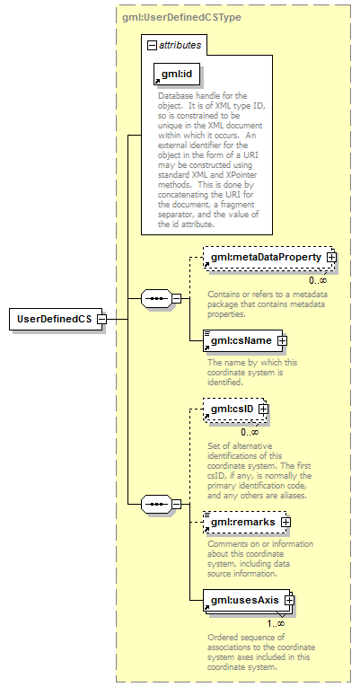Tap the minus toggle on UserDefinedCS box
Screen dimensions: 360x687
(x=101, y=319)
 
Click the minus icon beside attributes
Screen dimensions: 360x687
(x=152, y=45)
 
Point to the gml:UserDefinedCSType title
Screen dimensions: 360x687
(x=181, y=18)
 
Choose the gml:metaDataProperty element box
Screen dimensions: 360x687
(x=268, y=257)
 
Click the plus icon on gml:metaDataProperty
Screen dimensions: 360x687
(x=331, y=258)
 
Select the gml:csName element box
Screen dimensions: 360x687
(x=243, y=340)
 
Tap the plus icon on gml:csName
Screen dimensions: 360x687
(x=283, y=340)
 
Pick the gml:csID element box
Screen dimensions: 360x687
(x=234, y=410)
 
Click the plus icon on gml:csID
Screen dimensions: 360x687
(x=263, y=410)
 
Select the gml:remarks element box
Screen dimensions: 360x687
(x=245, y=522)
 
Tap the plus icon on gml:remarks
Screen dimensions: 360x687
(x=286, y=523)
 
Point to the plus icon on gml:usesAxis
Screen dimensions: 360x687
(x=288, y=600)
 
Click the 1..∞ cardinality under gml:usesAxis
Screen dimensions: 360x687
(x=277, y=623)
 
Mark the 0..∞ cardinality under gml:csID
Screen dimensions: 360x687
(x=250, y=433)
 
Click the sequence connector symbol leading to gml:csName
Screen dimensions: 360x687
(x=156, y=299)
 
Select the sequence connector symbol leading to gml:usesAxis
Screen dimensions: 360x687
(x=156, y=505)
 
